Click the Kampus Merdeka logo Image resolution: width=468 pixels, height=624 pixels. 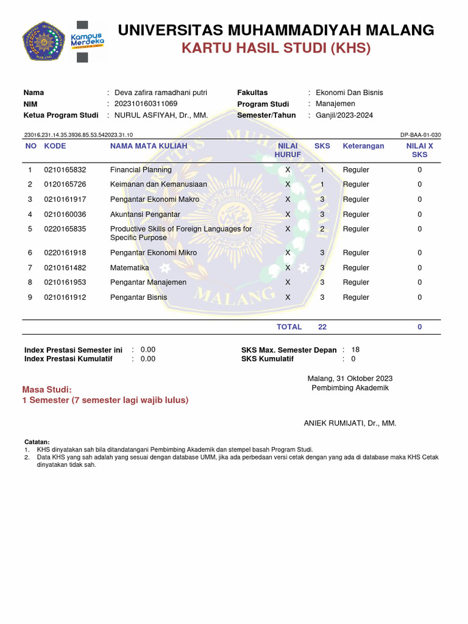(x=88, y=41)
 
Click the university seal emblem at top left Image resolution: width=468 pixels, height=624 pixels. (x=44, y=41)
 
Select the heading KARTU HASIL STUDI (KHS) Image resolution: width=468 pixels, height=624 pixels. (x=275, y=48)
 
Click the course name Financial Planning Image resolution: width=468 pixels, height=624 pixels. (x=141, y=170)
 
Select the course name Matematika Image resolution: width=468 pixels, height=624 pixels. (x=129, y=268)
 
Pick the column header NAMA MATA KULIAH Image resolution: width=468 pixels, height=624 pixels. (x=149, y=146)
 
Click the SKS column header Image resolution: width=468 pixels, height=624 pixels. (x=322, y=146)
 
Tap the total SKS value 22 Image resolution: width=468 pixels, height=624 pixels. (x=322, y=327)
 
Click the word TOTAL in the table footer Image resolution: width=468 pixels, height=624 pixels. (x=289, y=327)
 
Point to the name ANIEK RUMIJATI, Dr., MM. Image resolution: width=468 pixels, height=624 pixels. (x=350, y=423)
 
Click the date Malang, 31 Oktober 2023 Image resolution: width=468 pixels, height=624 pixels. (x=350, y=378)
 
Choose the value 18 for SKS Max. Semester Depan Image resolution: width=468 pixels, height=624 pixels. (x=356, y=350)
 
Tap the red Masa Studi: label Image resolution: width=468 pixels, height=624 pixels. (x=47, y=389)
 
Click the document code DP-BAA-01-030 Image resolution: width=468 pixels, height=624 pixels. (x=420, y=135)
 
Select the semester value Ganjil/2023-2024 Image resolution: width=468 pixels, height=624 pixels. (x=344, y=115)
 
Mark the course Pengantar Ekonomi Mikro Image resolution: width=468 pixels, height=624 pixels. (x=154, y=253)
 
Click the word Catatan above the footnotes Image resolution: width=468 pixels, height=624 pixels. (x=37, y=442)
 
